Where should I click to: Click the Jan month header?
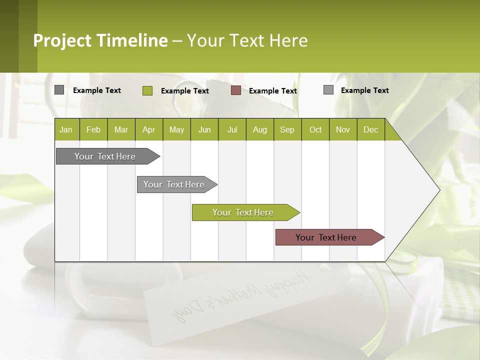point(66,129)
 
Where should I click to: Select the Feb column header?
point(93,129)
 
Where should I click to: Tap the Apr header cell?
point(148,129)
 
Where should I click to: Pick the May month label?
point(176,129)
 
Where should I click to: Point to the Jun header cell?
point(204,129)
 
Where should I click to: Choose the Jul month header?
point(232,129)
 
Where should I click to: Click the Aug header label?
point(259,129)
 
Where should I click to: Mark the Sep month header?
point(287,129)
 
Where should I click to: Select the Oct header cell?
point(315,129)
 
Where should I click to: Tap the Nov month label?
point(343,129)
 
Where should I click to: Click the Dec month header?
point(370,129)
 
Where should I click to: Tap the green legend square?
point(147,90)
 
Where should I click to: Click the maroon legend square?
point(236,90)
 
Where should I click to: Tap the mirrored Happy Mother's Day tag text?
point(240,295)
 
